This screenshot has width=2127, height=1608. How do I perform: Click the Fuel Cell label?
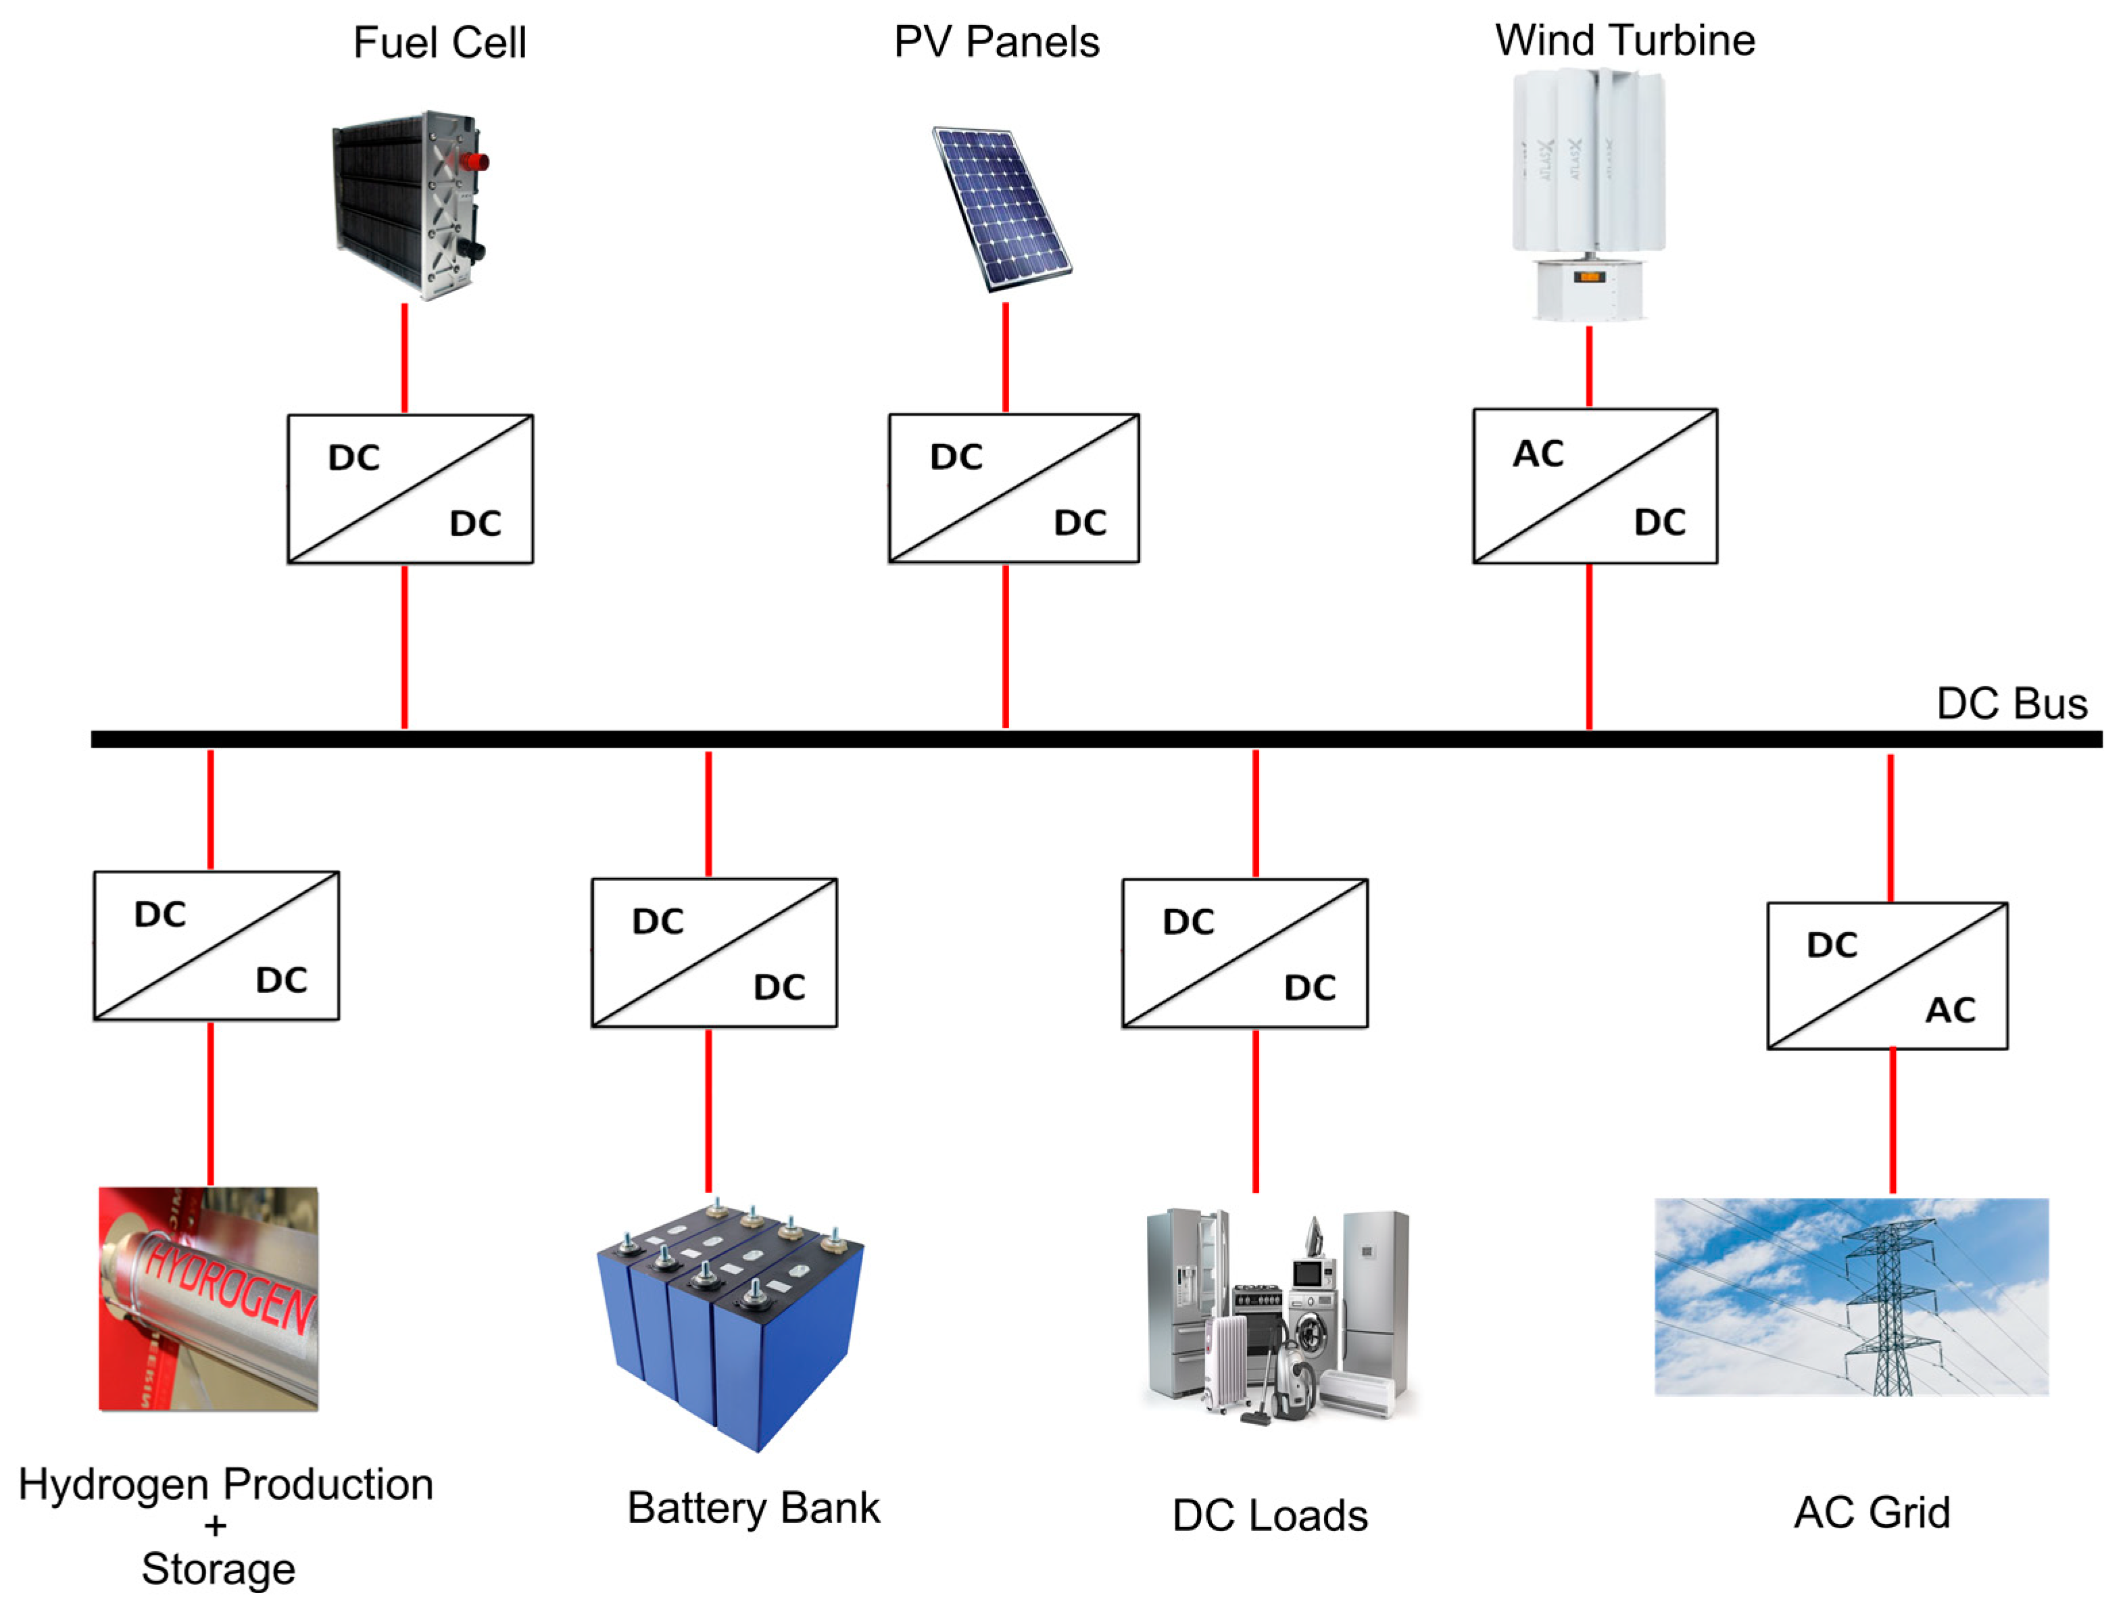[439, 43]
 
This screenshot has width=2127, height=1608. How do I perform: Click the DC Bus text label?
[2011, 704]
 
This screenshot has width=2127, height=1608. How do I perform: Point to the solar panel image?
[1002, 207]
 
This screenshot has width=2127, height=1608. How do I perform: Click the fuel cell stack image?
[409, 204]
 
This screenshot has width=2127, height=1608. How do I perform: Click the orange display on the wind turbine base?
[1588, 277]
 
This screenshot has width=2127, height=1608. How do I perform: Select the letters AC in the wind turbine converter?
[1538, 454]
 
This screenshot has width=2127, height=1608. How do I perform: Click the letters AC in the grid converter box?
[1950, 1010]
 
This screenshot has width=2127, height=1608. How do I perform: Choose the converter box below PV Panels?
[1014, 489]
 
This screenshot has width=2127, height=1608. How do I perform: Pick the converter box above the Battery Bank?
[714, 952]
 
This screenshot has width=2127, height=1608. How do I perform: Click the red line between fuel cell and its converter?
[405, 358]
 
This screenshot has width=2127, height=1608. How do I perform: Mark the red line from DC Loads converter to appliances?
[1255, 1111]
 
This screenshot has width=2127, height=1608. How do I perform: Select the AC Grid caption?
[1872, 1513]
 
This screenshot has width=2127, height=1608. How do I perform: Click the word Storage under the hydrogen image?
[218, 1569]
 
